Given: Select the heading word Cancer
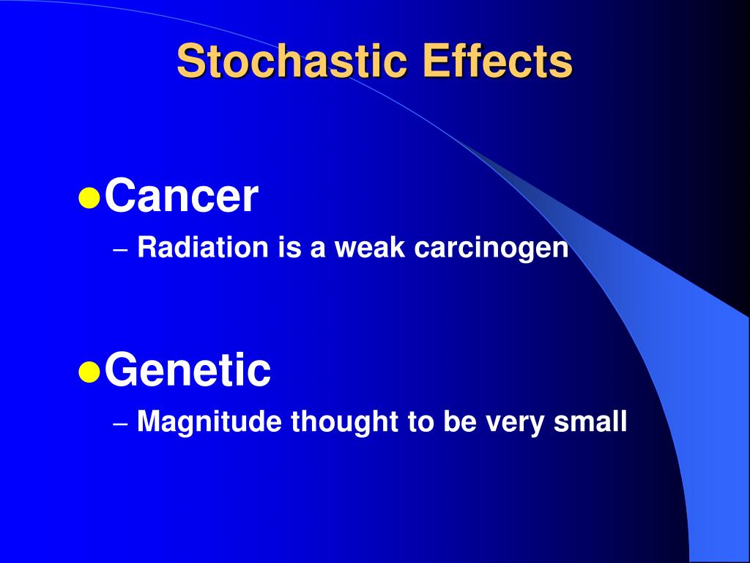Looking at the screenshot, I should click(x=181, y=196).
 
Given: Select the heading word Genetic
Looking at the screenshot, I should click(x=187, y=370).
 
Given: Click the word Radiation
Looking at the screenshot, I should click(x=203, y=249).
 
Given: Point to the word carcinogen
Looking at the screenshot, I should click(x=491, y=249).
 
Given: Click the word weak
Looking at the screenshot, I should click(x=371, y=249).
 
